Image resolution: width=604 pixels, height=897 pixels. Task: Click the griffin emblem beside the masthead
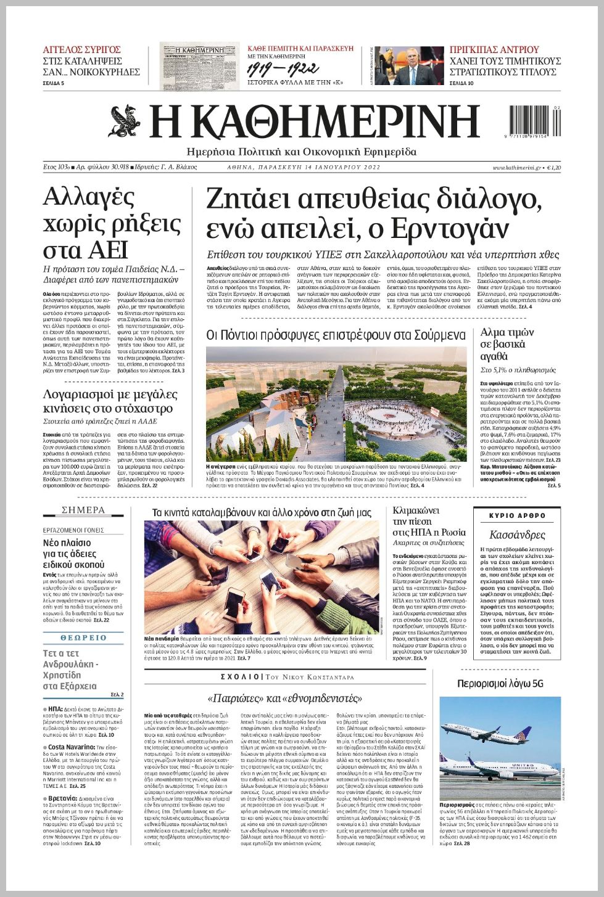pyautogui.click(x=126, y=121)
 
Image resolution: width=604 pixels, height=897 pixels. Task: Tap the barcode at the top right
pyautogui.click(x=535, y=121)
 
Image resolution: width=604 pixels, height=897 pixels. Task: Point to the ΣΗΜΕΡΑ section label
pyautogui.click(x=83, y=510)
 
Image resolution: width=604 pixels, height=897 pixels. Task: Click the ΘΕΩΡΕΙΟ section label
pyautogui.click(x=83, y=638)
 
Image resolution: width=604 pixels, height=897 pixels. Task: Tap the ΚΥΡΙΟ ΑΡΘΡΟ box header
pyautogui.click(x=517, y=515)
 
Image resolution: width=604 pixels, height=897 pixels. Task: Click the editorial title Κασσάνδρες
pyautogui.click(x=517, y=535)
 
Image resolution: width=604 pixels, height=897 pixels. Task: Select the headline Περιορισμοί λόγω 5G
pyautogui.click(x=500, y=684)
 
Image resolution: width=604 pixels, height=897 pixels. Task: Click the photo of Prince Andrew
pyautogui.click(x=409, y=66)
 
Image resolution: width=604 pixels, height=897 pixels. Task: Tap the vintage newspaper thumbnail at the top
pyautogui.click(x=199, y=66)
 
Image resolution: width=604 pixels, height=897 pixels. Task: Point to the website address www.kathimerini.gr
pyautogui.click(x=517, y=168)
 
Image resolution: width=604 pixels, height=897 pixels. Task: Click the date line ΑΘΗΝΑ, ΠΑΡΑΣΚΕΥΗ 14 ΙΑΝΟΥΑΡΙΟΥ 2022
pyautogui.click(x=304, y=168)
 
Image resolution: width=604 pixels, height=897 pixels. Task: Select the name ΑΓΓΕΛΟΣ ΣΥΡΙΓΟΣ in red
pyautogui.click(x=81, y=50)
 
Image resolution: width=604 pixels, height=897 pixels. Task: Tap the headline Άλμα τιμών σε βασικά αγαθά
pyautogui.click(x=507, y=344)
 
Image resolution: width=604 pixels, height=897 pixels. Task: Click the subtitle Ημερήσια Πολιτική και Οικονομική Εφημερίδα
pyautogui.click(x=301, y=152)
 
